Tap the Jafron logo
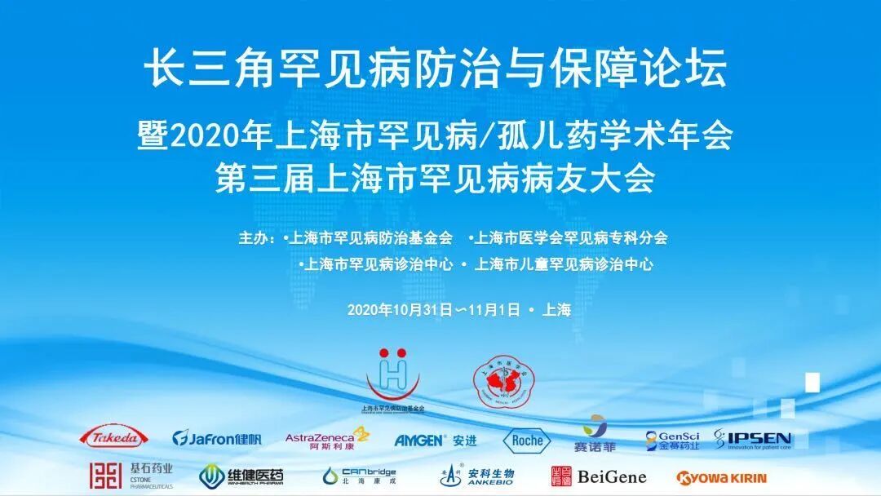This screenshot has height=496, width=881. coord(217,439)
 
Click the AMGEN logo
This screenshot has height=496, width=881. coord(436,440)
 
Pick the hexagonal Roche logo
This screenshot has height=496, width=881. coord(526,441)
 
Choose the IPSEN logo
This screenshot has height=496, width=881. coord(753,439)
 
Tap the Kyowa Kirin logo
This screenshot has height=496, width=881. coord(722,477)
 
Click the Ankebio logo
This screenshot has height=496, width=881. coord(476,476)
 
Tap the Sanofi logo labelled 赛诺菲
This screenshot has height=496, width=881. coord(595,435)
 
